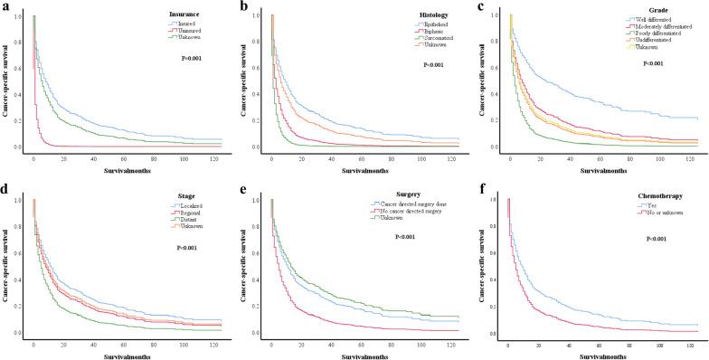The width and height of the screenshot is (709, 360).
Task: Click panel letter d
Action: [5, 187]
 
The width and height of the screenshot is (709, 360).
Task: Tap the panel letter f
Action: [482, 187]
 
